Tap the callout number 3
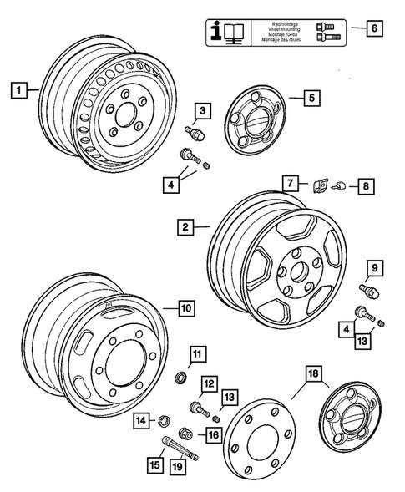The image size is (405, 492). click(201, 109)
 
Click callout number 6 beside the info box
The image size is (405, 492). click(374, 28)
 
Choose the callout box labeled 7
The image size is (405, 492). click(288, 181)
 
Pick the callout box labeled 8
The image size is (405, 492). click(365, 187)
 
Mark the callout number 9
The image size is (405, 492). click(375, 268)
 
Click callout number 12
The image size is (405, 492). click(209, 383)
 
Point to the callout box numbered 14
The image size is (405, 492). click(143, 419)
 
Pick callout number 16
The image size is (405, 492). click(213, 434)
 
